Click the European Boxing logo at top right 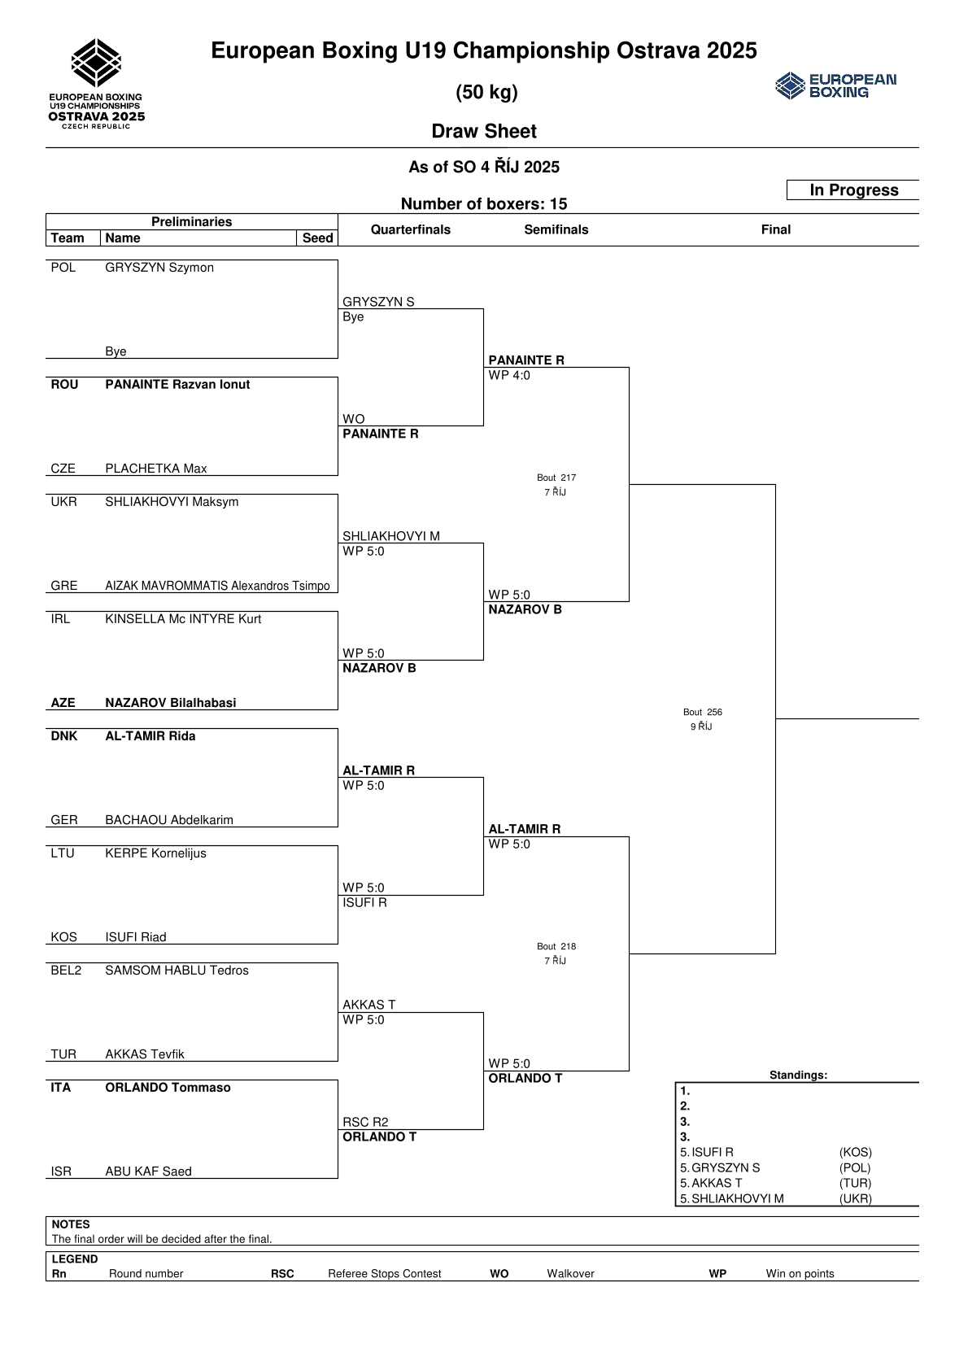click(x=835, y=85)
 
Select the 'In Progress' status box click(x=853, y=190)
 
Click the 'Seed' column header click(x=317, y=238)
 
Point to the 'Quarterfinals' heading click(x=410, y=229)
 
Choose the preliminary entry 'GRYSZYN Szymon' click(x=159, y=268)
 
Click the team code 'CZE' click(x=63, y=469)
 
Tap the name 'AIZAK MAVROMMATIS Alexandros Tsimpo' click(x=217, y=586)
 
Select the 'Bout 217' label click(x=556, y=478)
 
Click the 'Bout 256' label click(x=703, y=712)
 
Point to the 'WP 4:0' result click(x=509, y=376)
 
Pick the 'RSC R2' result click(x=365, y=1122)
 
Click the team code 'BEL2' click(x=66, y=971)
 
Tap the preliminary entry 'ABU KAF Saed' click(x=148, y=1171)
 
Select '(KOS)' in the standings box click(x=855, y=1152)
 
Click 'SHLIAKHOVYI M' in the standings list click(x=737, y=1198)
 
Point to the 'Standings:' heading click(x=798, y=1075)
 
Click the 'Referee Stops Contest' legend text click(x=384, y=1274)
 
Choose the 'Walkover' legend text click(x=570, y=1274)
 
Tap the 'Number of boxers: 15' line click(x=484, y=204)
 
